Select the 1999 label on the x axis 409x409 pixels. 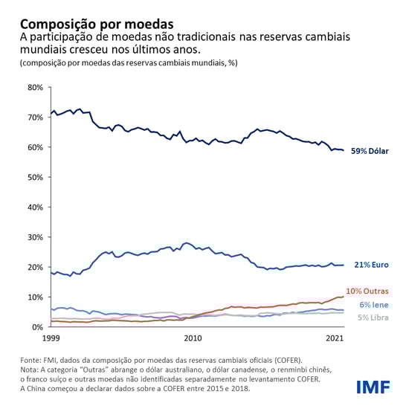click(x=51, y=338)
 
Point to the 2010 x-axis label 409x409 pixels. click(x=193, y=338)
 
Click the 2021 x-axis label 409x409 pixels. click(x=334, y=338)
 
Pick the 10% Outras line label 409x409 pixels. click(x=367, y=291)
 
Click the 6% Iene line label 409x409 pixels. click(x=373, y=305)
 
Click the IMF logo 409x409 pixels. click(x=373, y=387)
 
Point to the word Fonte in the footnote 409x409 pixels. click(x=32, y=360)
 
